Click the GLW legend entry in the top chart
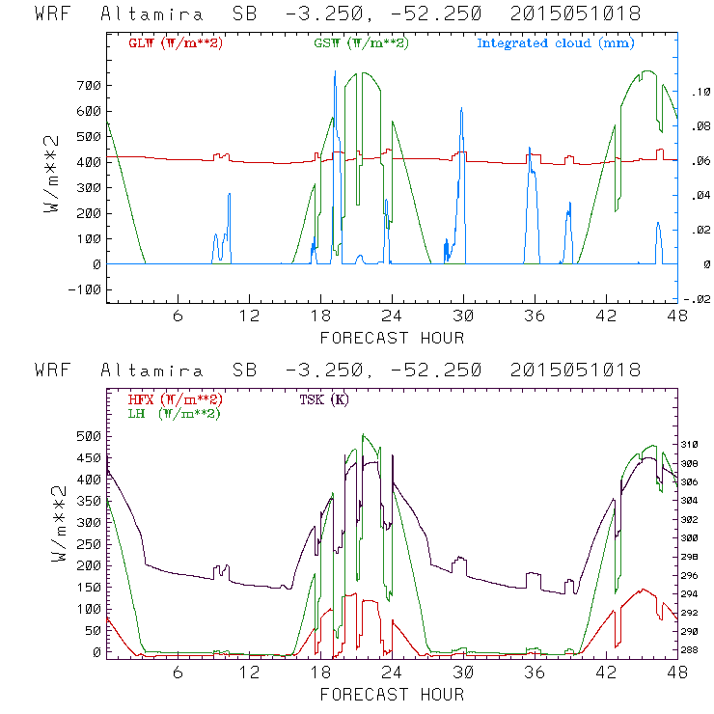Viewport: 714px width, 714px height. point(176,42)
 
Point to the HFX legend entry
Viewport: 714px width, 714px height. point(176,399)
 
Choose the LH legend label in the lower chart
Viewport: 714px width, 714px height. point(174,413)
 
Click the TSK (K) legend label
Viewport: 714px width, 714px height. point(325,399)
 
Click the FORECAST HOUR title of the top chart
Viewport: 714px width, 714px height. point(392,338)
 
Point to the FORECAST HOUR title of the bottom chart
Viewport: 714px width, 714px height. point(392,695)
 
